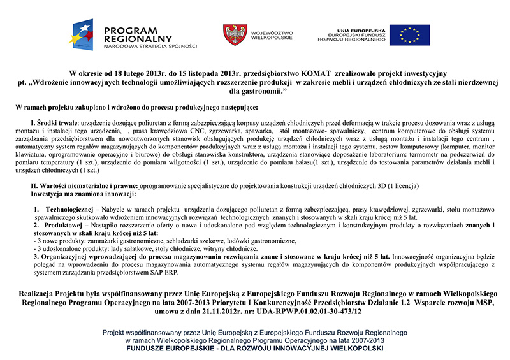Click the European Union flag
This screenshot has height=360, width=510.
point(409,35)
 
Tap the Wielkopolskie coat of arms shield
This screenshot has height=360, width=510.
point(231,34)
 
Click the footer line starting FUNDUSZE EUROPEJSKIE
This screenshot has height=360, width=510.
point(254,349)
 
